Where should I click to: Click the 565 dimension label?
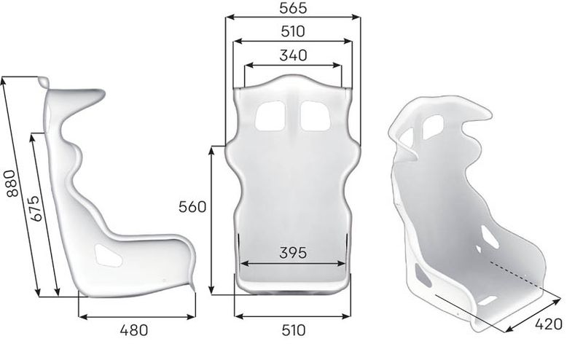292,8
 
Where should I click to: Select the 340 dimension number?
292,55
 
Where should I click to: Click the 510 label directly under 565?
292,31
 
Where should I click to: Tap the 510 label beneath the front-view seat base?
292,330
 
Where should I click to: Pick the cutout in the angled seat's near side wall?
422,275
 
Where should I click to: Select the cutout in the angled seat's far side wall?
488,236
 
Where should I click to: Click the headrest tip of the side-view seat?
45,82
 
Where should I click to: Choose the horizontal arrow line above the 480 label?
136,316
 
